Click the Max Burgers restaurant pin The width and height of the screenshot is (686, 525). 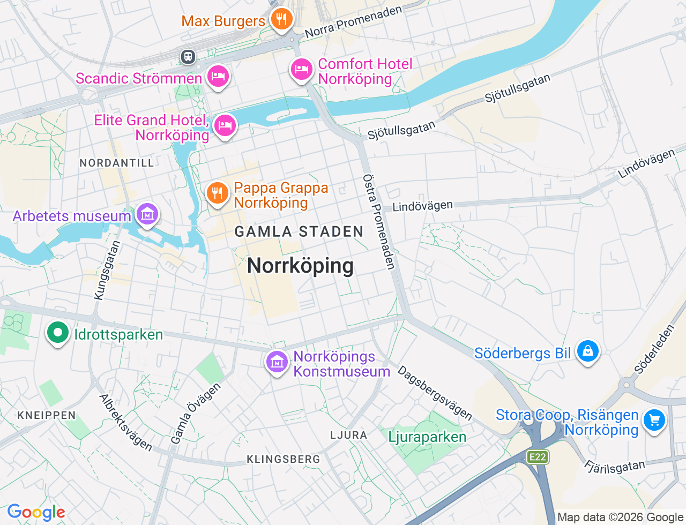tap(281, 19)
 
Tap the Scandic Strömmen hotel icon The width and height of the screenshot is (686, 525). tap(218, 76)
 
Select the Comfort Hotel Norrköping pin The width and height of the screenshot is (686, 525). tap(302, 70)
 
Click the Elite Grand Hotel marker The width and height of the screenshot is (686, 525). tap(225, 126)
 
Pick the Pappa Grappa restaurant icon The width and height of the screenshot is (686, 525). tap(217, 192)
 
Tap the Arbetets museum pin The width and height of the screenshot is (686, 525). tap(147, 214)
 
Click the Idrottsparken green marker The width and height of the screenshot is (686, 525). tap(57, 333)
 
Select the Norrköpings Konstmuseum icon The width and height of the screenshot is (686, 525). tap(277, 362)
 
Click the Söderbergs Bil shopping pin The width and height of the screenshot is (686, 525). tap(588, 351)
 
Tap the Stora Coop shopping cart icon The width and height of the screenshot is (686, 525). tap(654, 420)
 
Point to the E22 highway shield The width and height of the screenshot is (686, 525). tap(537, 457)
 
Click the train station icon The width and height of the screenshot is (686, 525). tap(188, 56)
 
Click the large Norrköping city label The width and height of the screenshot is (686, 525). tap(300, 266)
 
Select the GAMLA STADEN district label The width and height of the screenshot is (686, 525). tap(299, 232)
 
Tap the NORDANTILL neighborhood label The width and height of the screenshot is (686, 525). tap(117, 163)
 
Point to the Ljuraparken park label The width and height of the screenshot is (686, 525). tap(427, 437)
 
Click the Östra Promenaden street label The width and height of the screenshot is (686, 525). tap(379, 221)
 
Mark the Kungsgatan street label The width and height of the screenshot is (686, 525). tap(107, 270)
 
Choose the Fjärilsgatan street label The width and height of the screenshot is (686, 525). tap(615, 467)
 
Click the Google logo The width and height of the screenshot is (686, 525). tap(36, 512)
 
